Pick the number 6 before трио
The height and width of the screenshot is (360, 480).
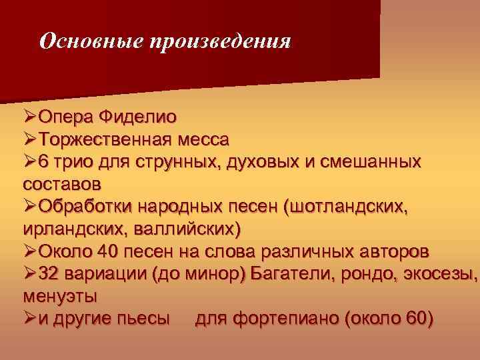click(44, 162)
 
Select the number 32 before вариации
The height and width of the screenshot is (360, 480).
click(49, 274)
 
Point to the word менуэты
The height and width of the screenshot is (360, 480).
click(59, 295)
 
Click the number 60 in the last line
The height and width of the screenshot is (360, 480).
click(415, 318)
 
